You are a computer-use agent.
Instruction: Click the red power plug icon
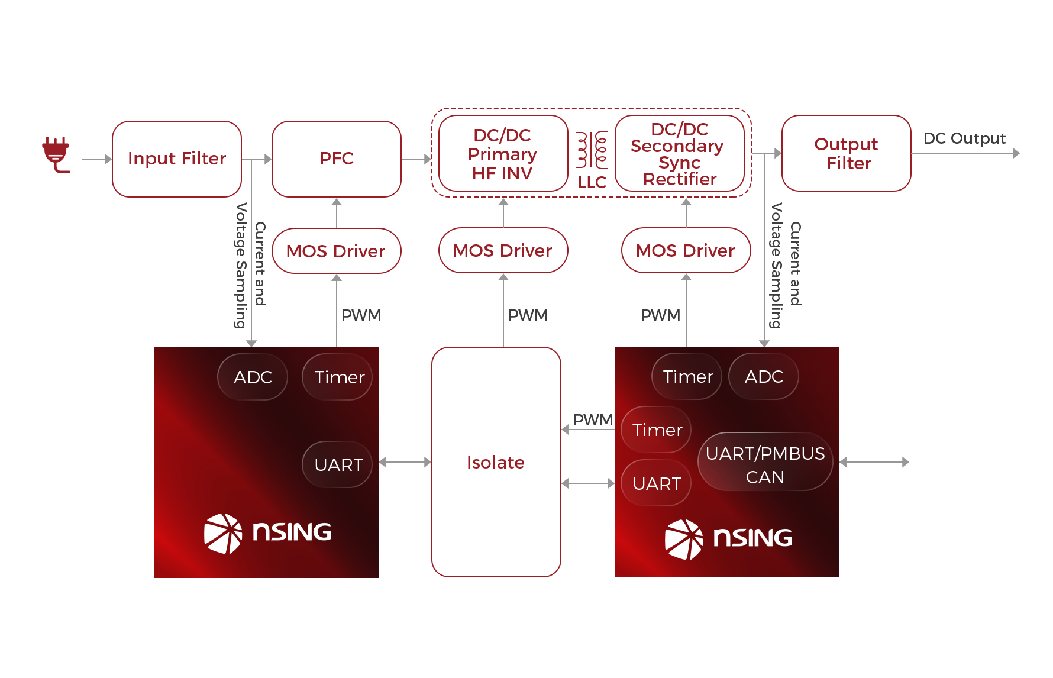click(x=56, y=154)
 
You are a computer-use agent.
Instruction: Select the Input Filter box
click(x=177, y=159)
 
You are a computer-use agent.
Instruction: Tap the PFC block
click(x=337, y=159)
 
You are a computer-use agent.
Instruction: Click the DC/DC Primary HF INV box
click(x=503, y=154)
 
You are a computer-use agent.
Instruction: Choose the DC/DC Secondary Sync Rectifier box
click(x=680, y=154)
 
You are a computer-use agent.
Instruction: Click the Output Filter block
click(x=847, y=153)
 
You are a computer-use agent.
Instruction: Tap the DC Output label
click(x=964, y=138)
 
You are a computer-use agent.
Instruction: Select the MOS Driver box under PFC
click(x=337, y=251)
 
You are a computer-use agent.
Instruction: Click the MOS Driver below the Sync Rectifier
click(x=686, y=250)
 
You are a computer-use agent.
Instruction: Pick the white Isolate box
click(x=496, y=462)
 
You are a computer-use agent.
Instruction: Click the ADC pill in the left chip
click(x=253, y=377)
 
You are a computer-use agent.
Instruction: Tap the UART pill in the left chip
click(x=338, y=464)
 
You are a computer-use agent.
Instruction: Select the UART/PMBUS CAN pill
click(x=765, y=464)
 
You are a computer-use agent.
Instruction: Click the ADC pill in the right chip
click(x=764, y=376)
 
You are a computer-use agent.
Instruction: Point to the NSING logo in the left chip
click(x=267, y=533)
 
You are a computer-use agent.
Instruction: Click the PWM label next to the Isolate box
click(x=593, y=419)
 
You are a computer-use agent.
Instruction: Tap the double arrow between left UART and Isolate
click(x=405, y=462)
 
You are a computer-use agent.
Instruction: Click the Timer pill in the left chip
click(x=338, y=377)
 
